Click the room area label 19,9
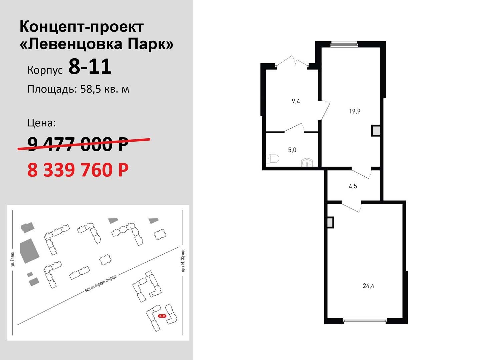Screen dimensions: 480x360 354,111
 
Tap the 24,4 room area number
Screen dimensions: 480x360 368,286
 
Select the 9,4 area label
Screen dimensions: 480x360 296,101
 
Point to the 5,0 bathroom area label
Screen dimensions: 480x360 292,150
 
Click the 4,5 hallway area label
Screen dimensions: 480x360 353,186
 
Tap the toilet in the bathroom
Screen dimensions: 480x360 272,159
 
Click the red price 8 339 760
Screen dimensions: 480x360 78,170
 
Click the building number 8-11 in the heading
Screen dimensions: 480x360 90,66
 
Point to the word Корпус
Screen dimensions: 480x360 45,70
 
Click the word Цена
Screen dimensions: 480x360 42,123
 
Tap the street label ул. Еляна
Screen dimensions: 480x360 13,259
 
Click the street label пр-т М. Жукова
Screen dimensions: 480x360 183,260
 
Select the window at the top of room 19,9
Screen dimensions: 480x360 344,44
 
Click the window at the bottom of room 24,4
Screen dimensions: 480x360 365,321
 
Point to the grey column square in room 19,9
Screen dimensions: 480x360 376,131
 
